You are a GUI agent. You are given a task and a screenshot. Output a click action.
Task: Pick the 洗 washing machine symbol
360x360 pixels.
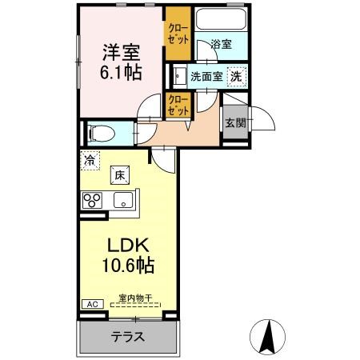tap(236, 78)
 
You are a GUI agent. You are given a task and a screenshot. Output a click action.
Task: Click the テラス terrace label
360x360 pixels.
tap(127, 337)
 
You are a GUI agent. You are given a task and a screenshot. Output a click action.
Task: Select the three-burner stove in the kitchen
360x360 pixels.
tap(92, 200)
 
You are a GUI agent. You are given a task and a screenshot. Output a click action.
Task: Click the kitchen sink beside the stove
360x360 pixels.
tap(123, 200)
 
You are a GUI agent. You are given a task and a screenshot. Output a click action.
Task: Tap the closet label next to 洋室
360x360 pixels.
tap(178, 33)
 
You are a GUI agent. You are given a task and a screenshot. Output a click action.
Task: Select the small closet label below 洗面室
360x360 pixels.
tap(178, 105)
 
